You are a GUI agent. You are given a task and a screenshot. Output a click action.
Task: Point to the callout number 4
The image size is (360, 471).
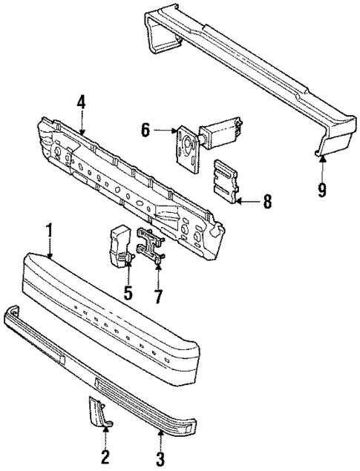tap(81, 102)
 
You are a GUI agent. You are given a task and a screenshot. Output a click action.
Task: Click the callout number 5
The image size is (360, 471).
tap(128, 292)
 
